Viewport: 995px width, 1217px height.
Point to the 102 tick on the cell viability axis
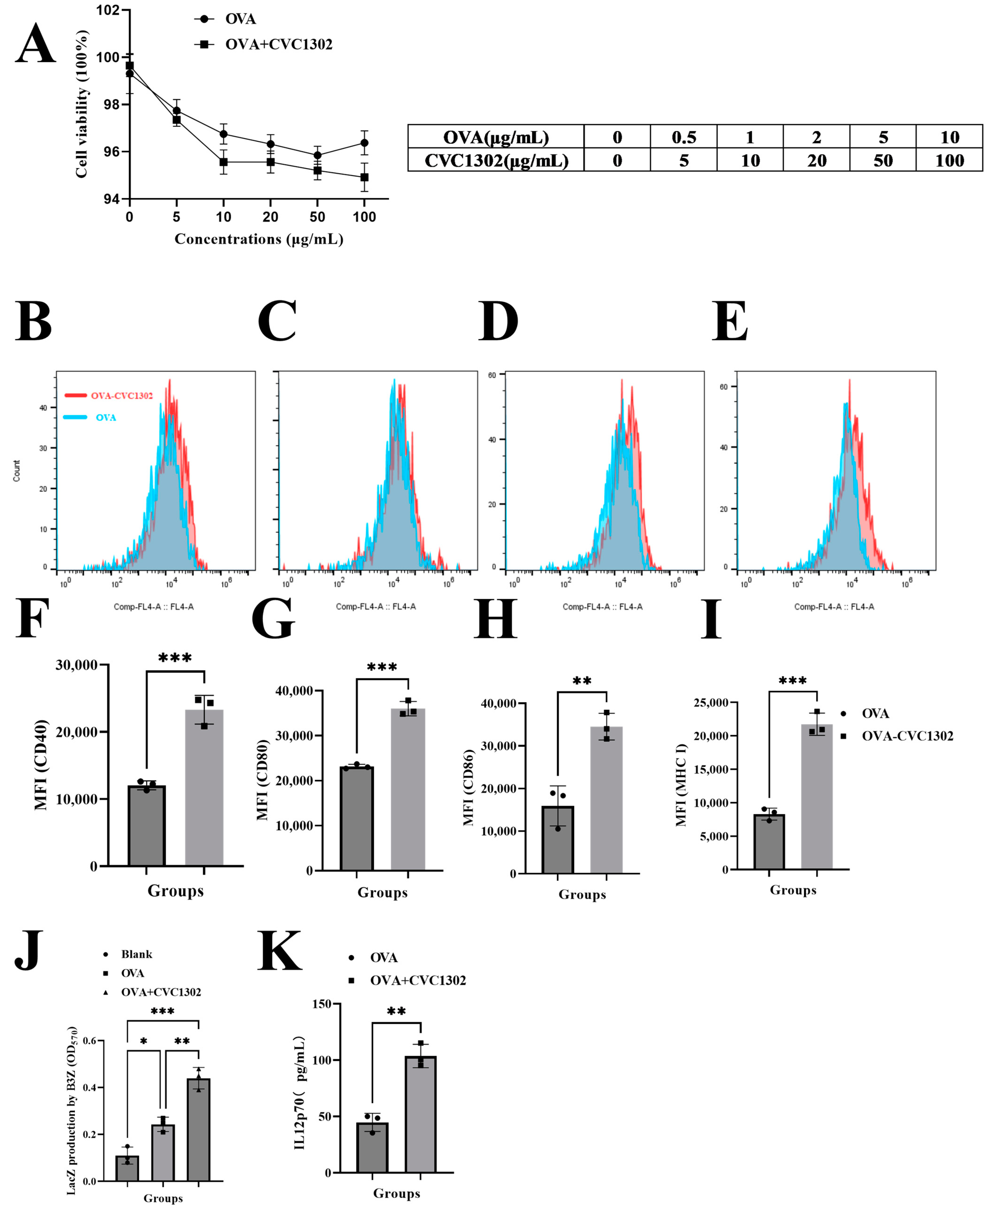tap(108, 10)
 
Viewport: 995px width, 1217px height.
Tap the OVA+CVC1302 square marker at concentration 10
tap(223, 162)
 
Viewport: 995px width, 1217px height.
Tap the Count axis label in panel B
tap(17, 471)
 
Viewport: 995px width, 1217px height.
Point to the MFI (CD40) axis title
tap(41, 765)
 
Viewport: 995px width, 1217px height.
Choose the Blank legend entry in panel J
tap(136, 954)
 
